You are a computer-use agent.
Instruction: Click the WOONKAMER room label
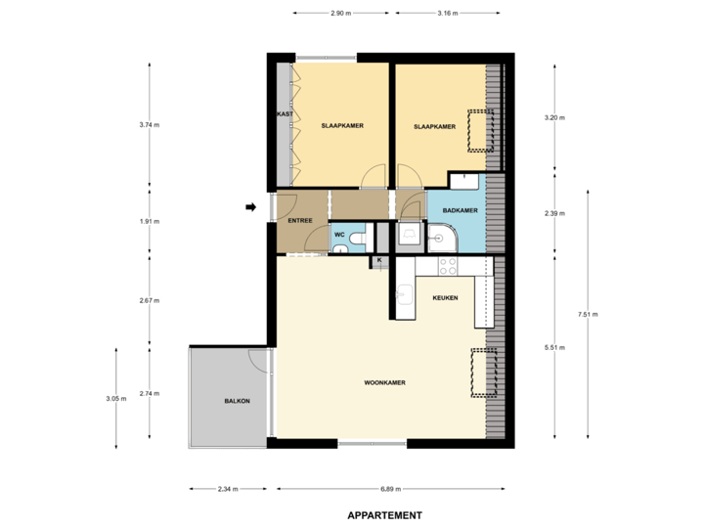pos(384,382)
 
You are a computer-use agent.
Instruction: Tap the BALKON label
pos(237,401)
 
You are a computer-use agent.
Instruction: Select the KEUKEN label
pos(445,297)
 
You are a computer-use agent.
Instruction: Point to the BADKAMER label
pos(460,211)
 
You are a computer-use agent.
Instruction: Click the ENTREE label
pos(299,221)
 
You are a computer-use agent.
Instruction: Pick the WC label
pos(339,235)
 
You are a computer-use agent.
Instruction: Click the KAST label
pos(286,114)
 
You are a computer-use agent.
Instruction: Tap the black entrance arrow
pos(251,206)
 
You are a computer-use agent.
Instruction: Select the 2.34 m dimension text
pos(229,489)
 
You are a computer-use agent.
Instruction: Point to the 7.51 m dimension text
pos(588,314)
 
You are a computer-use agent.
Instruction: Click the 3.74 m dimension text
pos(149,124)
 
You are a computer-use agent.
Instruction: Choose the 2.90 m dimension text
pos(339,14)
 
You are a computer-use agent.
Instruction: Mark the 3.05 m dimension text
pos(116,398)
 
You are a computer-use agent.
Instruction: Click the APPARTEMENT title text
pos(384,515)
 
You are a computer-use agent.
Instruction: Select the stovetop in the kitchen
pos(448,266)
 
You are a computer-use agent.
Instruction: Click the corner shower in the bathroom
pos(442,236)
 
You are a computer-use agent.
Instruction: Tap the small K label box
pos(379,261)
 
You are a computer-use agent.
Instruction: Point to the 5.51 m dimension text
pos(554,346)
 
